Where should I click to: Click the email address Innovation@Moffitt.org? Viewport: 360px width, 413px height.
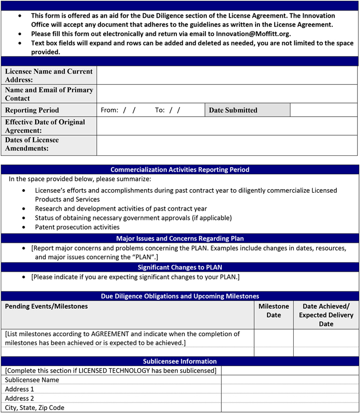click(x=253, y=34)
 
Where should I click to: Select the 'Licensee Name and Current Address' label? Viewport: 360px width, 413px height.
click(x=49, y=75)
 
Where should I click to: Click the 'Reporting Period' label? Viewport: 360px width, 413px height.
click(x=32, y=110)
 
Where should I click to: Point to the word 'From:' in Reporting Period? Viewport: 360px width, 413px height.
click(x=109, y=110)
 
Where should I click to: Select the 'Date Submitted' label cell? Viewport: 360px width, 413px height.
click(x=233, y=110)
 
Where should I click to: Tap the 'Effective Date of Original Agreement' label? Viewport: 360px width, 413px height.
click(x=45, y=126)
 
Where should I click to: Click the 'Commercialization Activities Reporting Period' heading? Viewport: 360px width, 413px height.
click(x=180, y=170)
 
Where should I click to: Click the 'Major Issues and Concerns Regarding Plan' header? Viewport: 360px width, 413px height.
click(x=180, y=238)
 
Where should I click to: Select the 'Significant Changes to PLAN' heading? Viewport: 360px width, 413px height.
click(x=180, y=267)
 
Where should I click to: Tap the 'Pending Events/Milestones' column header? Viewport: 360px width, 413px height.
click(x=46, y=306)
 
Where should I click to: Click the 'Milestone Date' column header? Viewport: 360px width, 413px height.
click(x=274, y=311)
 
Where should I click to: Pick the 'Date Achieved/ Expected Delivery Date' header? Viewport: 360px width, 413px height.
click(x=326, y=315)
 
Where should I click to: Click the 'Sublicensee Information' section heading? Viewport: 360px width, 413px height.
click(x=180, y=361)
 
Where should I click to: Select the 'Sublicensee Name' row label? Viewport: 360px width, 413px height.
click(x=32, y=380)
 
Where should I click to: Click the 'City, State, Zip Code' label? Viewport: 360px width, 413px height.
click(x=35, y=408)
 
